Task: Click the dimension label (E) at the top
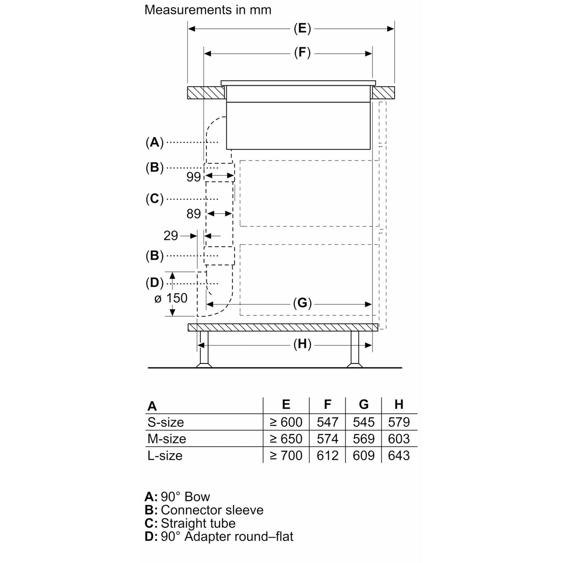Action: pyautogui.click(x=302, y=29)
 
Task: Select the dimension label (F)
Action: pyautogui.click(x=302, y=53)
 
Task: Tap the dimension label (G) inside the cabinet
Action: pyautogui.click(x=302, y=304)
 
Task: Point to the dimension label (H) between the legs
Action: pyautogui.click(x=302, y=344)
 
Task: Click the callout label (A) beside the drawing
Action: pyautogui.click(x=154, y=142)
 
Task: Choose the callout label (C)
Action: pyautogui.click(x=154, y=199)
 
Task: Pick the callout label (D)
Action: pyautogui.click(x=154, y=282)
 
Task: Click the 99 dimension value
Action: pyautogui.click(x=193, y=177)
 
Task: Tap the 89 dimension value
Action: pyautogui.click(x=193, y=213)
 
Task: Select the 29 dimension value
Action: pyautogui.click(x=171, y=236)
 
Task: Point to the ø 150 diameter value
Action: pyautogui.click(x=171, y=298)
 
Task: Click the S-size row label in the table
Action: pyautogui.click(x=166, y=422)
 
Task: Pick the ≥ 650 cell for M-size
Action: pyautogui.click(x=286, y=439)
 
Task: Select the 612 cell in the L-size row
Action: pyautogui.click(x=327, y=455)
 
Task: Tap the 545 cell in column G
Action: pyautogui.click(x=364, y=422)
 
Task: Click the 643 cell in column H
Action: pyautogui.click(x=399, y=455)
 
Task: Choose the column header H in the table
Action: pyautogui.click(x=399, y=404)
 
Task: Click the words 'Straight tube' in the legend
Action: pyautogui.click(x=198, y=523)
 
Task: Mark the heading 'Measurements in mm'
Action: pyautogui.click(x=208, y=10)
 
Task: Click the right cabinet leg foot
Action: pyautogui.click(x=355, y=365)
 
